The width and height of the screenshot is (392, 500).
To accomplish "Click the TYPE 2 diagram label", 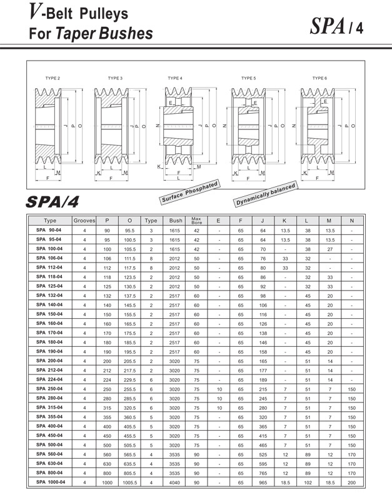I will pyautogui.click(x=53, y=78).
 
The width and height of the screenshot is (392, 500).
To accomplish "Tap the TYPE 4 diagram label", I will pyautogui.click(x=175, y=78).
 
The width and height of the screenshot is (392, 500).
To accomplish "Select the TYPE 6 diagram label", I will pyautogui.click(x=319, y=78).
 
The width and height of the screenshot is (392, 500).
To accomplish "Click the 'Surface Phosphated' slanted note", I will pyautogui.click(x=189, y=193).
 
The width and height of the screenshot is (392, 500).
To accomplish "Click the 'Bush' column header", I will pyautogui.click(x=176, y=221).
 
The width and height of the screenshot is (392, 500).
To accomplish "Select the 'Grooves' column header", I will pyautogui.click(x=84, y=221).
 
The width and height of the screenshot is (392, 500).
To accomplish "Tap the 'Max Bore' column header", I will pyautogui.click(x=196, y=221).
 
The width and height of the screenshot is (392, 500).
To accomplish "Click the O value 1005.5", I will pyautogui.click(x=129, y=482).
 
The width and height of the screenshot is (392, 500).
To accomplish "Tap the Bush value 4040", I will pyautogui.click(x=176, y=482).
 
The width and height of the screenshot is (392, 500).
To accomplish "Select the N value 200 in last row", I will pyautogui.click(x=351, y=482).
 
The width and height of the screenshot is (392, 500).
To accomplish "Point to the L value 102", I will pyautogui.click(x=308, y=482).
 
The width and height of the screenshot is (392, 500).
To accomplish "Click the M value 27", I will pyautogui.click(x=329, y=249).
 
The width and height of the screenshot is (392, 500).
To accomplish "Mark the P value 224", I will pyautogui.click(x=107, y=379).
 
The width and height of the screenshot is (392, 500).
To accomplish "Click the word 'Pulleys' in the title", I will pyautogui.click(x=104, y=12).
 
